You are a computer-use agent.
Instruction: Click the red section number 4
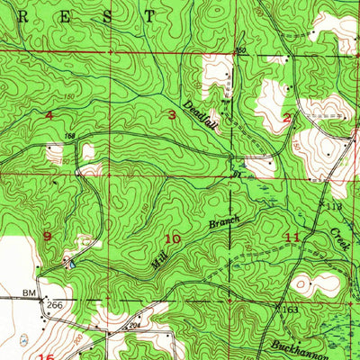tap(49, 116)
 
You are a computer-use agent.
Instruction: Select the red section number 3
tap(172, 114)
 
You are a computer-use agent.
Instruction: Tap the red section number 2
tap(286, 117)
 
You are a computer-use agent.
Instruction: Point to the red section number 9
tap(47, 236)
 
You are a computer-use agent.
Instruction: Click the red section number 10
tap(171, 238)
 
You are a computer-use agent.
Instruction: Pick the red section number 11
tap(292, 237)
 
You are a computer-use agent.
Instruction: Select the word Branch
tap(222, 217)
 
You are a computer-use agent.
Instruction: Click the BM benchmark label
tap(29, 293)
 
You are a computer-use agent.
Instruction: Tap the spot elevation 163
tap(290, 310)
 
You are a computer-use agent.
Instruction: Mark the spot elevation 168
tap(70, 137)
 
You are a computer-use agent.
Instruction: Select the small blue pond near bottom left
tap(22, 341)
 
